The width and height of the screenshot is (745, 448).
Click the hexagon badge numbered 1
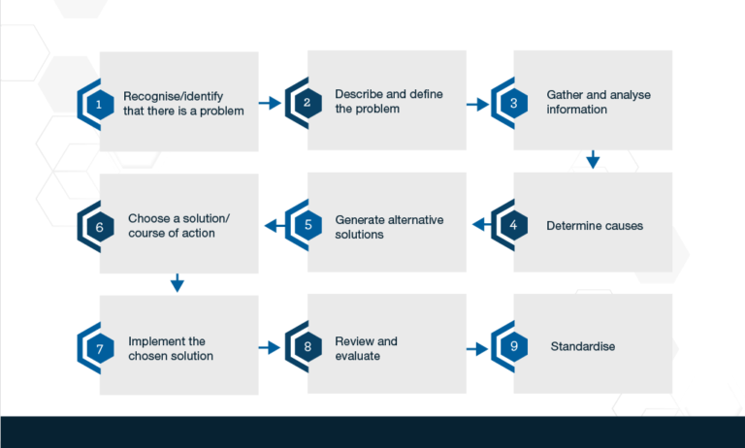(97, 103)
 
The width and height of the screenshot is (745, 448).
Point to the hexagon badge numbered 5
(306, 225)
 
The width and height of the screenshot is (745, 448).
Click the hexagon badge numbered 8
(306, 347)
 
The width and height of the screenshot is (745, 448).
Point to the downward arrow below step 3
(593, 159)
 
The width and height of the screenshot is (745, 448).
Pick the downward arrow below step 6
(177, 282)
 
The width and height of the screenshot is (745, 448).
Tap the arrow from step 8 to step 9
(476, 347)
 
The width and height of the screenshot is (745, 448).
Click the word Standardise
(583, 347)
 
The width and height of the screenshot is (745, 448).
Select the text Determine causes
(594, 226)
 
